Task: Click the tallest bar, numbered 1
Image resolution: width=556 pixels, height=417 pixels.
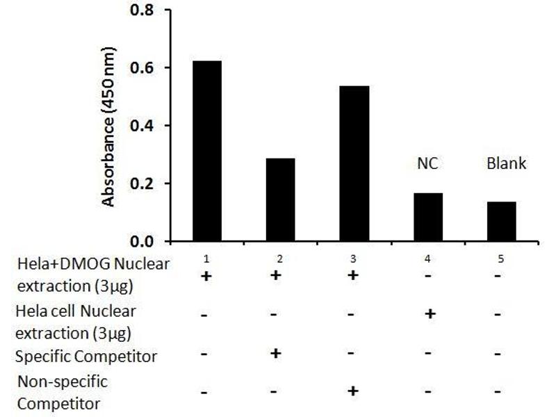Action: tap(206, 151)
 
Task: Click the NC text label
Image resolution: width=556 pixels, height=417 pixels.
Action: tap(426, 165)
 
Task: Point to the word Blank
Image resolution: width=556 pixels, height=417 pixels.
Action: tap(505, 164)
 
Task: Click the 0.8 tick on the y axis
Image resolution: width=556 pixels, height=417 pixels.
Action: tap(142, 11)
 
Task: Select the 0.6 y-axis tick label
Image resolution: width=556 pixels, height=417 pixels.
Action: tap(142, 68)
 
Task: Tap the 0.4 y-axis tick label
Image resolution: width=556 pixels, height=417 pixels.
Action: tap(142, 126)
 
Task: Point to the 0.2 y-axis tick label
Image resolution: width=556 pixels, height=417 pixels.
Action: tap(142, 183)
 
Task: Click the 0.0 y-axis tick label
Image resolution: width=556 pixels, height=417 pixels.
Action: tap(142, 241)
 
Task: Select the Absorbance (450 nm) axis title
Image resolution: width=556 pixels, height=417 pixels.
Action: tap(109, 127)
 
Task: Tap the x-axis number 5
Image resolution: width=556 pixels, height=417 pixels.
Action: tap(502, 259)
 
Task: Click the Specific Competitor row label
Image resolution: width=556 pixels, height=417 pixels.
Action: tap(86, 357)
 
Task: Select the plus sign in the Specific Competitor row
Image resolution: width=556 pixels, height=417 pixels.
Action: tap(276, 354)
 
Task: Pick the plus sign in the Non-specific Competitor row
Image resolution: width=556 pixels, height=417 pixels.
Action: tap(352, 391)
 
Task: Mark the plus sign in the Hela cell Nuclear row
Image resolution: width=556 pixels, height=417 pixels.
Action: tap(430, 314)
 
